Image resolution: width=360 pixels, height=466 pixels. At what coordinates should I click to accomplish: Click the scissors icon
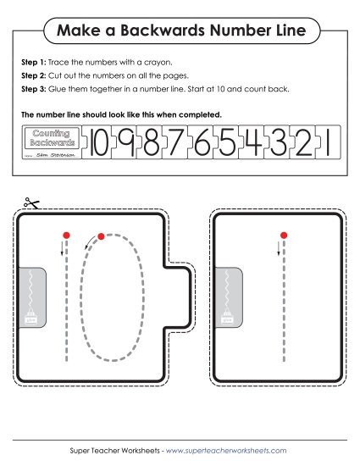click(x=31, y=203)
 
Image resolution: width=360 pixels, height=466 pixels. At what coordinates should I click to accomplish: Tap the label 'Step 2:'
click(x=33, y=75)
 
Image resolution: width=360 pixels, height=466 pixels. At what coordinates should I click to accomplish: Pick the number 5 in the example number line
click(x=226, y=143)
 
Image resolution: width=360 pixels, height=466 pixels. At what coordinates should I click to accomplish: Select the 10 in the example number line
click(x=100, y=143)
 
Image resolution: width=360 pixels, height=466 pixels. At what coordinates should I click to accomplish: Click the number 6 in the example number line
click(x=202, y=143)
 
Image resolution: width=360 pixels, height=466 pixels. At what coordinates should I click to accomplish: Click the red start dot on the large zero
click(x=101, y=236)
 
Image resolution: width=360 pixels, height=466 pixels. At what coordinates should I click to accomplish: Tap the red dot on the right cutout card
click(x=284, y=234)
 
